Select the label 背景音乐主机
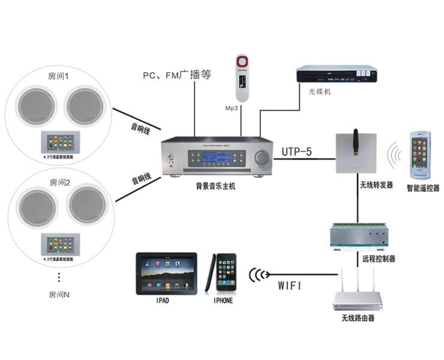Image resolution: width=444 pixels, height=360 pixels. (x=215, y=187)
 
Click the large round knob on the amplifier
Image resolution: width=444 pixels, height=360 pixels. (x=262, y=157)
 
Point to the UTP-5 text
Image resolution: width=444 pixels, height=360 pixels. (x=297, y=152)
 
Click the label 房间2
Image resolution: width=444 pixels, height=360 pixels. (x=59, y=181)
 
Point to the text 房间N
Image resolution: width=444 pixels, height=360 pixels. (x=59, y=295)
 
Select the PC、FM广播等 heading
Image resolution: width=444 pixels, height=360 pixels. (x=177, y=76)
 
